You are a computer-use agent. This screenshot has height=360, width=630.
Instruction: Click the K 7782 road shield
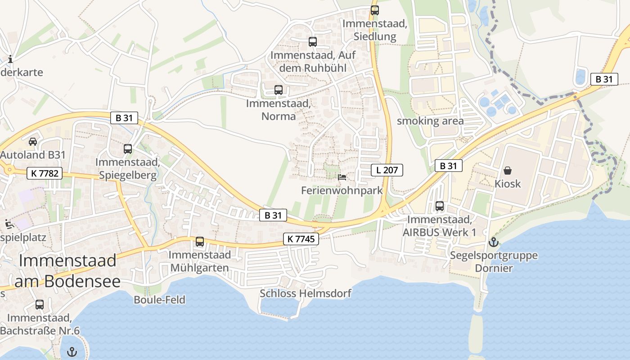pos(44,173)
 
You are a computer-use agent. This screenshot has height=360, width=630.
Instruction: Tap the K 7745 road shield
pos(301,239)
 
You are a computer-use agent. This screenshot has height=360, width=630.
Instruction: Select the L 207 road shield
pos(387,170)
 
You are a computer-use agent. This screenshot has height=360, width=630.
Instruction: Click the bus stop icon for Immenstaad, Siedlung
pos(375,10)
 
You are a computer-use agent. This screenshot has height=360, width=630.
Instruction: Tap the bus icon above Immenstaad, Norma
pos(279,90)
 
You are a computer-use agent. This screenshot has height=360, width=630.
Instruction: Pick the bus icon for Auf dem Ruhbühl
pos(313,42)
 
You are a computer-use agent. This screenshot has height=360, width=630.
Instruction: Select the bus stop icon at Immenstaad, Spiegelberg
pos(128,148)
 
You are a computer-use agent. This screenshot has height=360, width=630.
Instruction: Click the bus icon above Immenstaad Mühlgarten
pos(200,242)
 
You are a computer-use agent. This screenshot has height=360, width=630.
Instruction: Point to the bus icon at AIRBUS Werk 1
pos(440,206)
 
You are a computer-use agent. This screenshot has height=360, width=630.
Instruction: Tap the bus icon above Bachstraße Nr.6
pos(40,304)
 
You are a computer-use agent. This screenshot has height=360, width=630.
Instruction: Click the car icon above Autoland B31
pos(33,142)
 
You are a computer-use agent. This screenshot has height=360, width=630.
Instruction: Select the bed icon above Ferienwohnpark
pos(342,177)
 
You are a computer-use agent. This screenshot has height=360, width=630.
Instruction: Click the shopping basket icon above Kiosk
pos(508,170)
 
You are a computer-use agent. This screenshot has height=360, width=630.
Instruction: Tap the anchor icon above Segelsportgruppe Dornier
pos(494,242)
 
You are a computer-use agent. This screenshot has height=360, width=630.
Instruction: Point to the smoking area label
pos(430,121)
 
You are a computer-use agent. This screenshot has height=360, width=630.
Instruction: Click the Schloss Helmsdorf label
pos(306,293)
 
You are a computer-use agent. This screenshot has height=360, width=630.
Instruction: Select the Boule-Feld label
pos(159,299)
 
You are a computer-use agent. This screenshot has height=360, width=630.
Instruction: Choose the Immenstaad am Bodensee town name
pos(67,271)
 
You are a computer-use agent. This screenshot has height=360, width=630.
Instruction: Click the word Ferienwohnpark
pos(342,190)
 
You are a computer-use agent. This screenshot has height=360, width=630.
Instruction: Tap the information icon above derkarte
pos(10,59)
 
